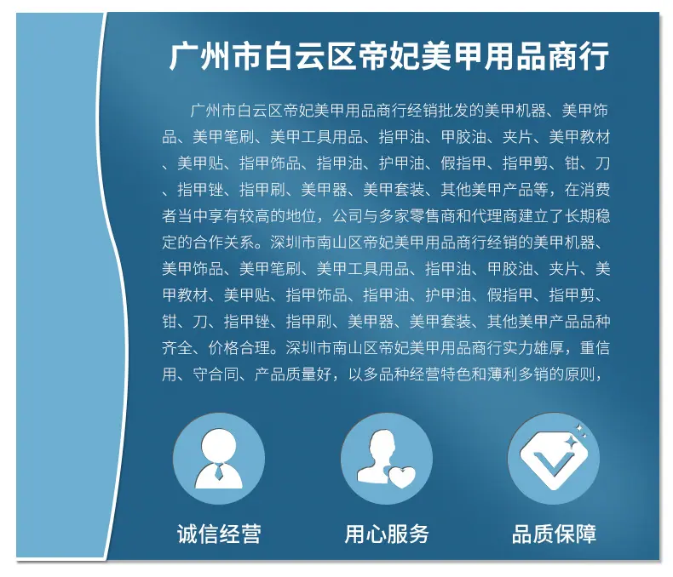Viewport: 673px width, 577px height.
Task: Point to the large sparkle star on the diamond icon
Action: (570, 441)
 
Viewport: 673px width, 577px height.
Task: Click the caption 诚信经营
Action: (219, 534)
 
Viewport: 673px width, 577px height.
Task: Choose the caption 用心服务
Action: (387, 534)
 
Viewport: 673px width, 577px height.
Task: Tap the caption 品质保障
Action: (554, 534)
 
